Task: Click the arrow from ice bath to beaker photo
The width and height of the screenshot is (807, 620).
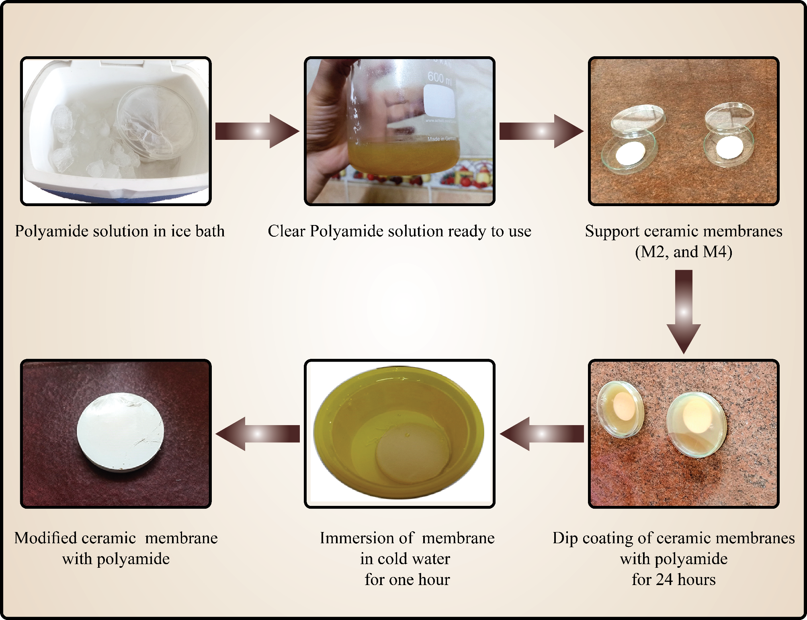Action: pyautogui.click(x=257, y=131)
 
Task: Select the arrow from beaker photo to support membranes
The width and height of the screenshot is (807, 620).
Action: pyautogui.click(x=541, y=131)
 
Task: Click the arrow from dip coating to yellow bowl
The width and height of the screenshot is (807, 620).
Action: pyautogui.click(x=541, y=434)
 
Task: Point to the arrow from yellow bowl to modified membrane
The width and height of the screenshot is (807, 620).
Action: pyautogui.click(x=258, y=434)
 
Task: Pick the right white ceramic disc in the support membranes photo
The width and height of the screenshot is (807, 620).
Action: pyautogui.click(x=729, y=147)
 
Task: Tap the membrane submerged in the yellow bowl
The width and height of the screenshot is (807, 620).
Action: pyautogui.click(x=412, y=458)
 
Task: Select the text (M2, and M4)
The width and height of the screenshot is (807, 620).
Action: pyautogui.click(x=684, y=252)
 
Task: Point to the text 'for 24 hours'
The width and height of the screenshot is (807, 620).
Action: pyautogui.click(x=674, y=579)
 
